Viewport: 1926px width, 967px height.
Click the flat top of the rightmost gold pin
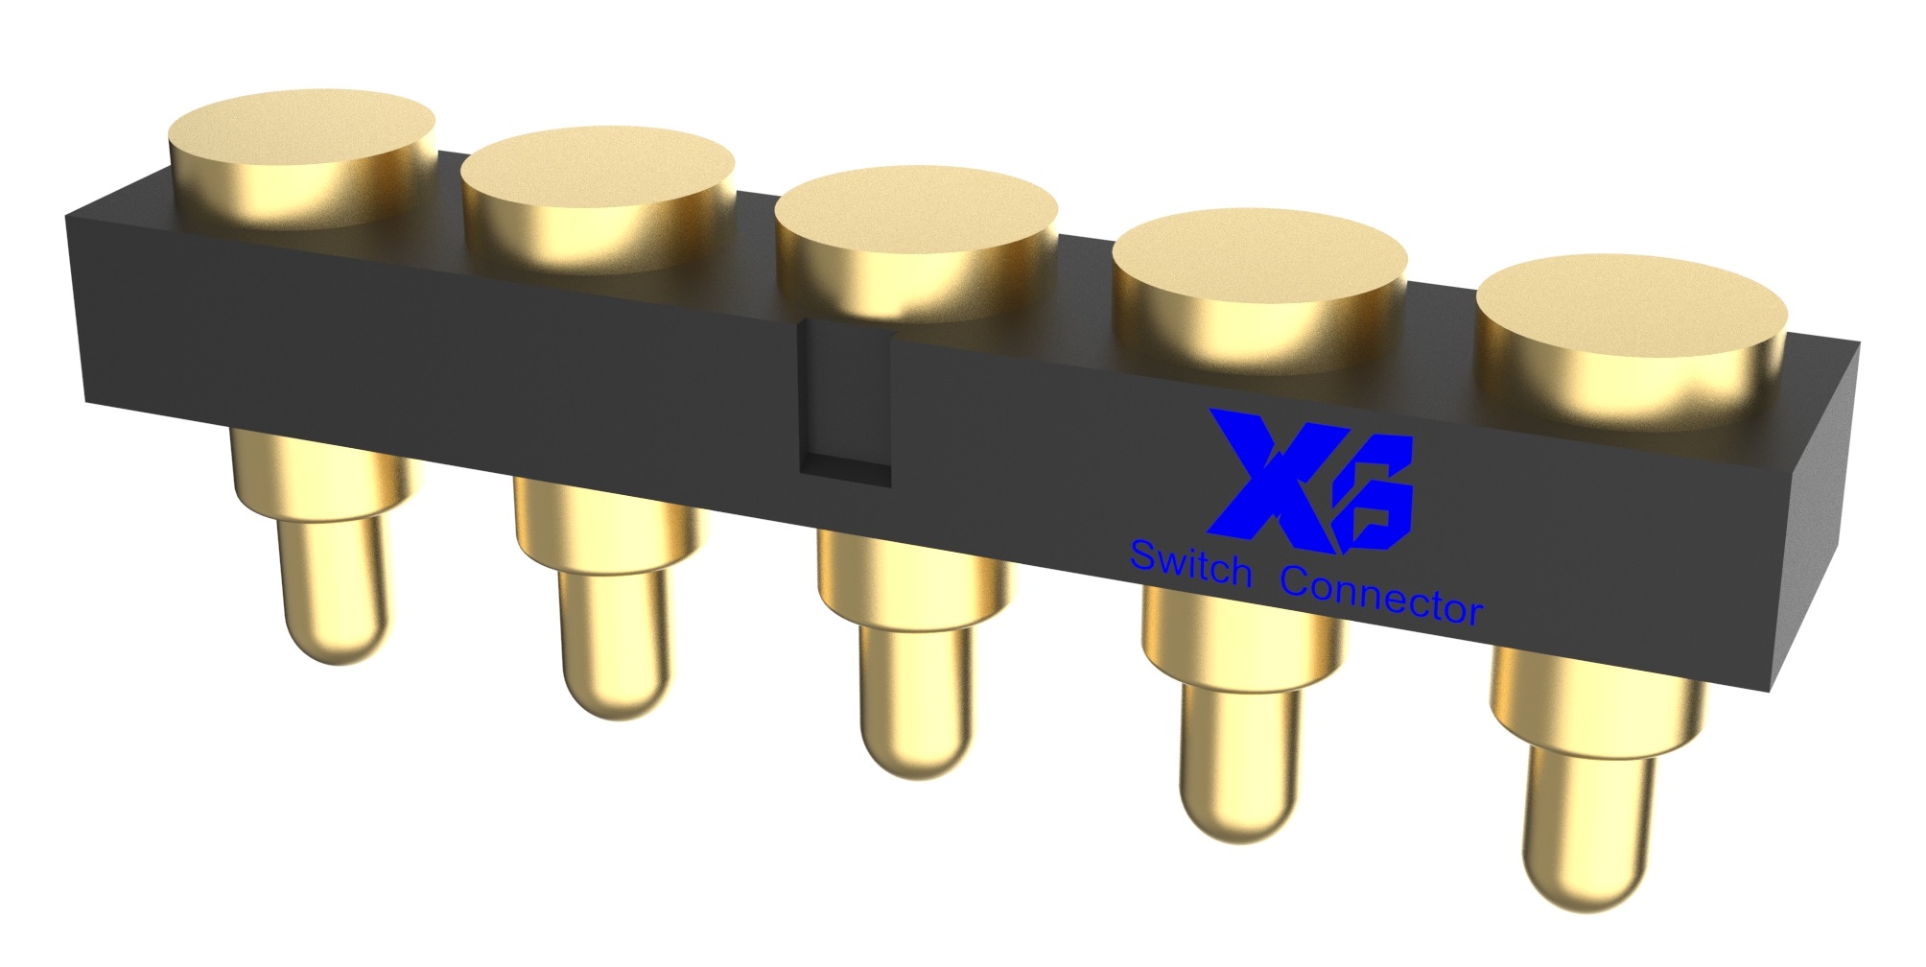click(x=1632, y=302)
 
